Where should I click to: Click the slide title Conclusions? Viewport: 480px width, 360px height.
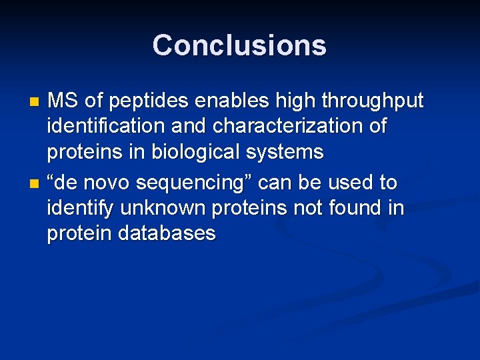pos(239,45)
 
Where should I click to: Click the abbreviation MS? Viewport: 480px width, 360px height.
pos(63,101)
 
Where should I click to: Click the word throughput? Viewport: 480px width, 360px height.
pos(372,102)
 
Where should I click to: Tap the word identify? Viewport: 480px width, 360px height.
pos(81,209)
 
